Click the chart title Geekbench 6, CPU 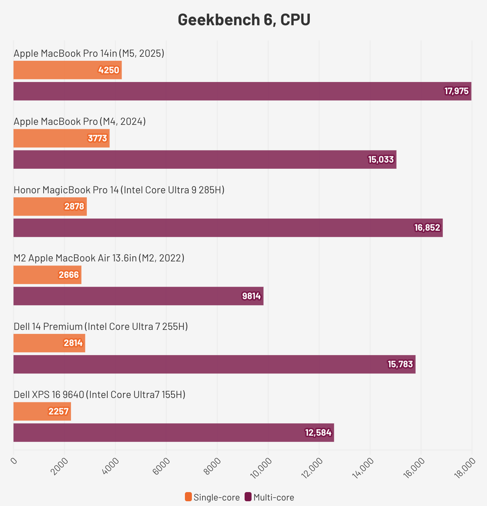point(244,20)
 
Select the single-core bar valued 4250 point(67,70)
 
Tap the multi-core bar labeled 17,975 point(242,91)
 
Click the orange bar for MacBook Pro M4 point(61,138)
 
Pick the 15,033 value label point(381,160)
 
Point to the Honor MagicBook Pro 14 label point(119,190)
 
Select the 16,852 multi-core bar point(228,228)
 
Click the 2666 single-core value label point(69,275)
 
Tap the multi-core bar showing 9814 point(138,296)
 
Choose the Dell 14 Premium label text point(101,326)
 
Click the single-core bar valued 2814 point(49,343)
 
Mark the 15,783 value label point(400,364)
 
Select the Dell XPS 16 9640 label point(99,395)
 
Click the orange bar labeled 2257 point(42,412)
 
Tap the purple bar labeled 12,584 point(174,433)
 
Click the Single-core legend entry point(212,497)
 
